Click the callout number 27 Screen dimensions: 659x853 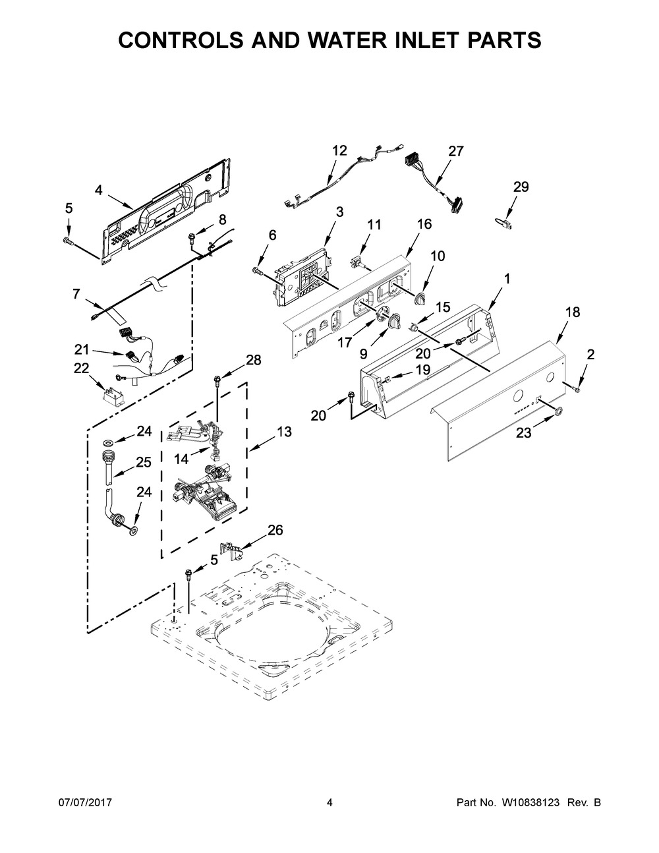coord(456,151)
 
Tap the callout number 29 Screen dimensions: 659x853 coord(521,187)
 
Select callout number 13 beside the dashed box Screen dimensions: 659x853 coord(285,432)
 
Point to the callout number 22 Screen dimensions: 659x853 coord(82,368)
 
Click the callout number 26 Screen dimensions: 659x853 coord(275,530)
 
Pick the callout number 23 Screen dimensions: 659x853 coord(524,432)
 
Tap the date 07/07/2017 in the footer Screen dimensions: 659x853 coord(85,802)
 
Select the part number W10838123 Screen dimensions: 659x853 coord(530,802)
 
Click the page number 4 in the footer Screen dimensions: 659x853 coord(329,802)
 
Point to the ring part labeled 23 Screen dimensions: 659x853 coord(558,411)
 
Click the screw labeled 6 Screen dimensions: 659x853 coord(258,270)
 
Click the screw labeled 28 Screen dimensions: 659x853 coord(217,380)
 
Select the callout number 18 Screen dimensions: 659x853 coord(573,312)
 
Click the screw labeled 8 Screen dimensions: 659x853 coord(192,237)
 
